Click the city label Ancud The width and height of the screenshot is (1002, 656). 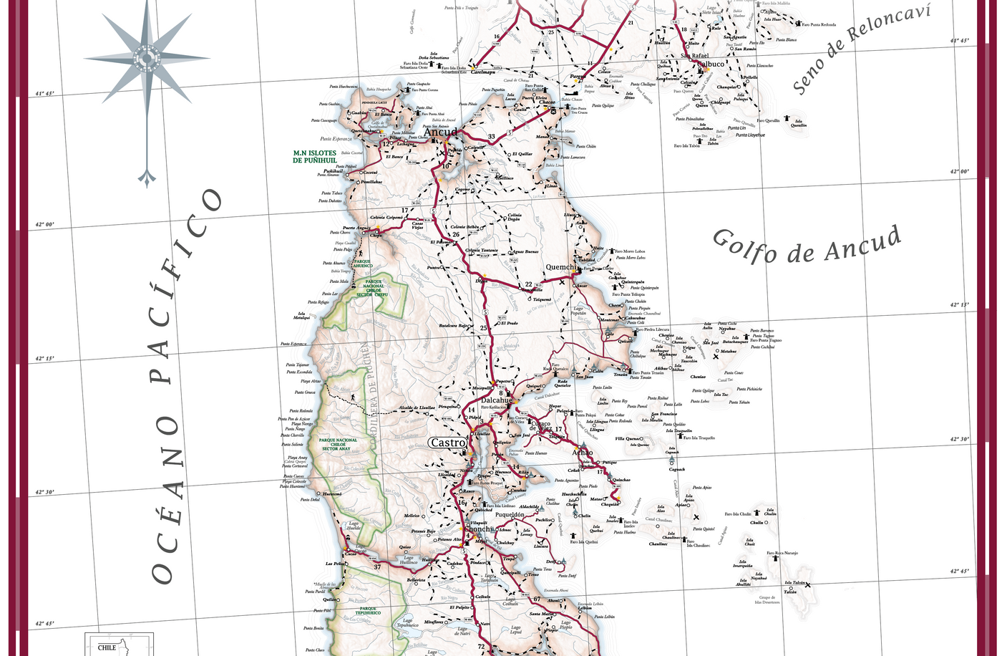click(439, 132)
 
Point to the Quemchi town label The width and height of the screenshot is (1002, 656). click(561, 267)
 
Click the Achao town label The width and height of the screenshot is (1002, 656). click(583, 453)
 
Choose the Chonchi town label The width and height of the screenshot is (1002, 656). click(480, 530)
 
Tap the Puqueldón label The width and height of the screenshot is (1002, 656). click(514, 514)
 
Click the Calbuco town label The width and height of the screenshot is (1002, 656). click(709, 64)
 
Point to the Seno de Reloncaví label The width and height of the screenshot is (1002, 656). click(862, 49)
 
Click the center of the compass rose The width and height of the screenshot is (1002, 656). click(147, 57)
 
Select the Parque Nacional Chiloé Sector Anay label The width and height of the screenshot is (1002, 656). click(339, 444)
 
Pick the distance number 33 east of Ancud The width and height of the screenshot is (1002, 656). click(491, 137)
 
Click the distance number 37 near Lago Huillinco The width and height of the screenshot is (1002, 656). click(377, 567)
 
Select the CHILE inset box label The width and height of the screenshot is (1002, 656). click(107, 647)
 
